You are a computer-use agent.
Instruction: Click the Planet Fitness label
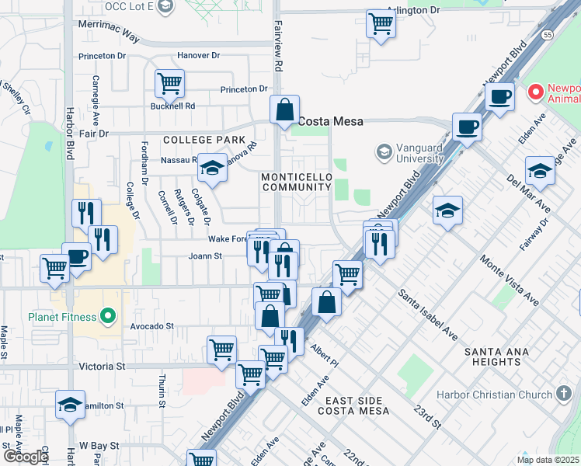[62, 317]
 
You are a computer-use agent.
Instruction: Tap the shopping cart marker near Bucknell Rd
[169, 82]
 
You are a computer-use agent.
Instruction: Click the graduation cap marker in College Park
[211, 167]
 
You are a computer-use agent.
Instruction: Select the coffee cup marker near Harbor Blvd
[76, 257]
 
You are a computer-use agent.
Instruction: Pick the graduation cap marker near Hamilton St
[70, 405]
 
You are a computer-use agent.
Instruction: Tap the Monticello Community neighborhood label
[296, 182]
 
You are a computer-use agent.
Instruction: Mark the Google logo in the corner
[26, 457]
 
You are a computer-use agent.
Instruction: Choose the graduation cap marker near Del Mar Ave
[540, 171]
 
